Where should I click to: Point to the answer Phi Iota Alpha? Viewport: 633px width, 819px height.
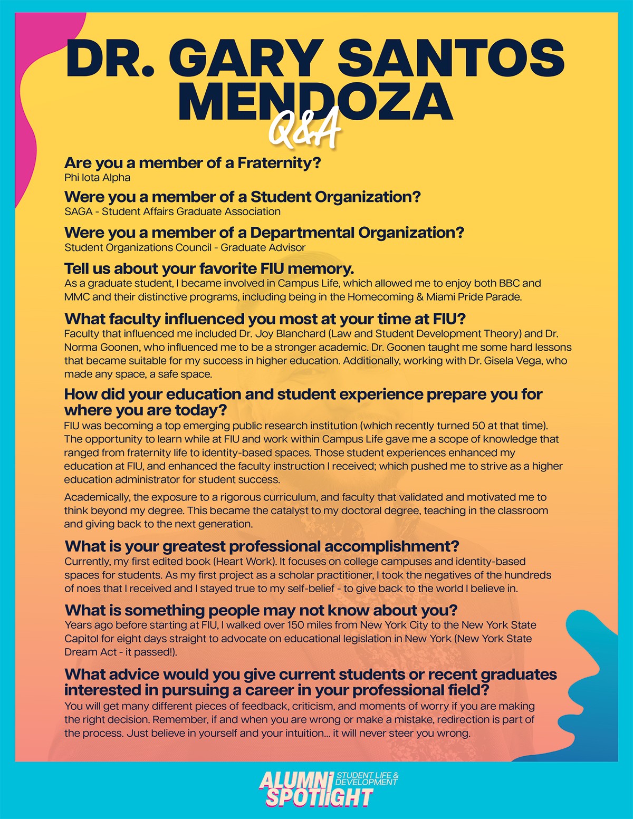97,178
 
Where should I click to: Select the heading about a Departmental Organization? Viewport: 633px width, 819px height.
264,233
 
